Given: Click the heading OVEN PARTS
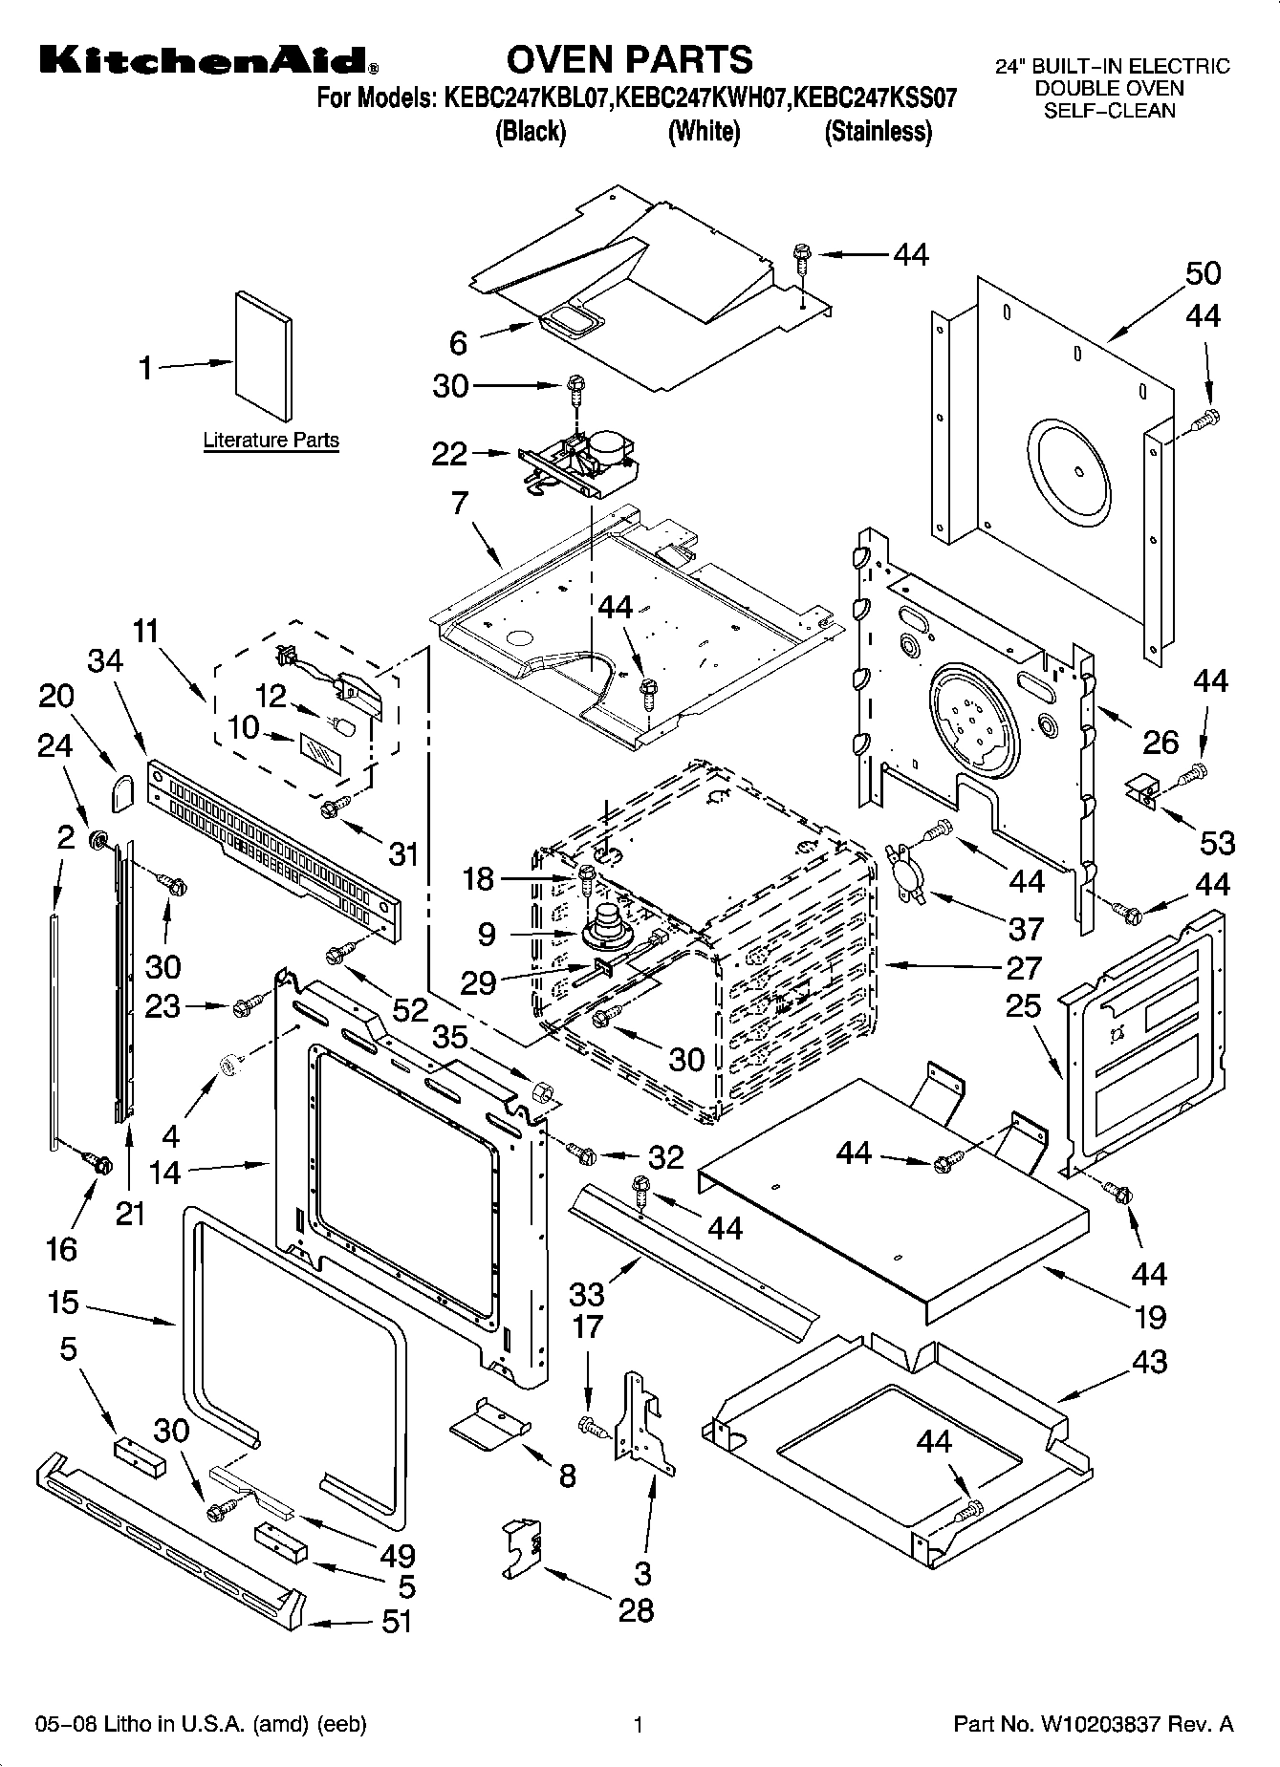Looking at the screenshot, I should (629, 59).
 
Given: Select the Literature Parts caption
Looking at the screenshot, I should (271, 441).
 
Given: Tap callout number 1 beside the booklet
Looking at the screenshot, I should (145, 367).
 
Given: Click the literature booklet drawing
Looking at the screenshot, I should (263, 355).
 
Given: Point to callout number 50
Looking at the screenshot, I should (1203, 273).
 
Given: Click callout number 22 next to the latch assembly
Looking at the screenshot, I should (449, 454).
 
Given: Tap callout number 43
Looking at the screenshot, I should (1149, 1361).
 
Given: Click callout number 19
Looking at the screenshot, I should (1150, 1317).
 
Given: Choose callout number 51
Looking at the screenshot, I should (396, 1622).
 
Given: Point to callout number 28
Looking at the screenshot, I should (636, 1610).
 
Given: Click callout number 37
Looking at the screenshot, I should (1026, 928).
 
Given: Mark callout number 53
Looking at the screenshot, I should (1217, 842).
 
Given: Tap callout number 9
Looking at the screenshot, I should (486, 934).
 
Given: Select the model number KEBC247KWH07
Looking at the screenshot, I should (701, 98).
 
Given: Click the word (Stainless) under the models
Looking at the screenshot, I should (878, 131).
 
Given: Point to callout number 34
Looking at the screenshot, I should (105, 661).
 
